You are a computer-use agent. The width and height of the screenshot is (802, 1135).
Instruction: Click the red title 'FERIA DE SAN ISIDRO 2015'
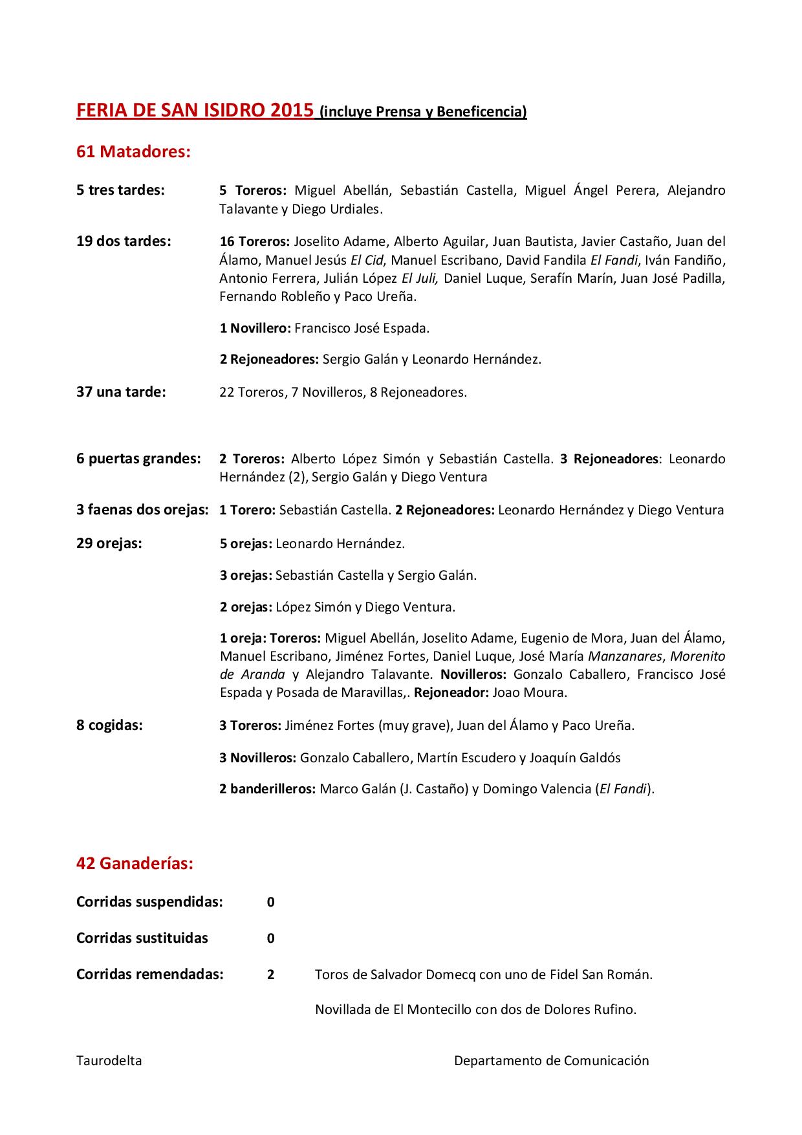tap(195, 110)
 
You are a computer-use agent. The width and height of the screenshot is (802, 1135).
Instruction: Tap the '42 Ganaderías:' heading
tap(135, 863)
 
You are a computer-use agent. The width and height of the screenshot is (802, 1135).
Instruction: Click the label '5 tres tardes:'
tap(120, 190)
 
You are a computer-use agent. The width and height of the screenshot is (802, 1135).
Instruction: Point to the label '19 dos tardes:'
tap(124, 241)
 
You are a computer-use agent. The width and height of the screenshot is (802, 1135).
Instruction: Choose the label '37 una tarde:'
tap(121, 391)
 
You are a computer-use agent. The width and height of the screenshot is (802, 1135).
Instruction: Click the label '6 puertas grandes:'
tap(138, 459)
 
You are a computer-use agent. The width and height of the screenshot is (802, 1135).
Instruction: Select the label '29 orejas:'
tap(109, 543)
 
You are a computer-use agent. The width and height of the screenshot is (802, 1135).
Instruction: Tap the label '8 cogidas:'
tap(109, 725)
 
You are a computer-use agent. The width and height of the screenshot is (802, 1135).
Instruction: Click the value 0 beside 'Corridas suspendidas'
tap(271, 902)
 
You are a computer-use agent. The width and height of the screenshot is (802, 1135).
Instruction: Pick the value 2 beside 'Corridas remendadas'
tap(271, 975)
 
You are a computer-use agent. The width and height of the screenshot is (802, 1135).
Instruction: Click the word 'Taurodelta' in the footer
tap(109, 1061)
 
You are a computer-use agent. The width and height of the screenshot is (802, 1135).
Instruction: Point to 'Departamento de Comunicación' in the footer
tap(551, 1061)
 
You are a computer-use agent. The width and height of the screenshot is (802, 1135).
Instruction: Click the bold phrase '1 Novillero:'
tap(255, 328)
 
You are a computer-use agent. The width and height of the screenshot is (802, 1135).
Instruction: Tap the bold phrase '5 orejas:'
tap(245, 544)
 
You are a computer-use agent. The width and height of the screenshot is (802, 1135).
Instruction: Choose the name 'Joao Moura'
tap(529, 692)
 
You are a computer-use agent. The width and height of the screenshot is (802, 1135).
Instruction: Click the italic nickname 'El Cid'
tap(367, 260)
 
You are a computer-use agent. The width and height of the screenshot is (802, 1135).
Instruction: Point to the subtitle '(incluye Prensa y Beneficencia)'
tap(424, 112)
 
